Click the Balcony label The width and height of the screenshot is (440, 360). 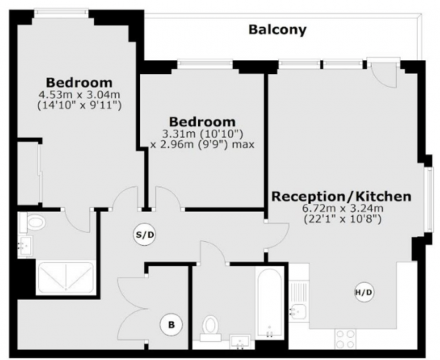(277, 30)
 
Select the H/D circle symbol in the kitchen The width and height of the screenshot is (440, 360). (364, 293)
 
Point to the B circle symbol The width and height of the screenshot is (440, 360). (171, 325)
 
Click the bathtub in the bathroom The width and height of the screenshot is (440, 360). (269, 301)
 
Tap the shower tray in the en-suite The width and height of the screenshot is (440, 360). (66, 276)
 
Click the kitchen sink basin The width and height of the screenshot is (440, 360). (298, 312)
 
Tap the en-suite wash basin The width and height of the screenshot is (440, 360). (25, 246)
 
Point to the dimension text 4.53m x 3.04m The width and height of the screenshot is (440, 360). (79, 95)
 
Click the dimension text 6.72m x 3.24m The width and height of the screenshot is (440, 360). (342, 208)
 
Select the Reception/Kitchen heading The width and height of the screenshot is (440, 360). (341, 196)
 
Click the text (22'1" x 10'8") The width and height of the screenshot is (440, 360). (343, 219)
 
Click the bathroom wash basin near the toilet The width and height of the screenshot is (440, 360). (240, 342)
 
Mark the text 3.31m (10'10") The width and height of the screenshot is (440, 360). (202, 134)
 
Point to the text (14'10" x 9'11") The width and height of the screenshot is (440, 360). (79, 106)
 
